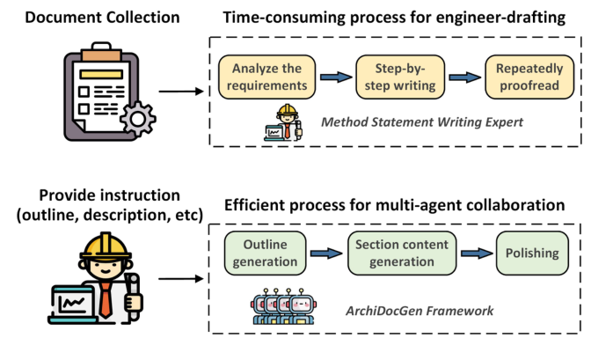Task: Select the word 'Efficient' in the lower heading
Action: coord(259,205)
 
